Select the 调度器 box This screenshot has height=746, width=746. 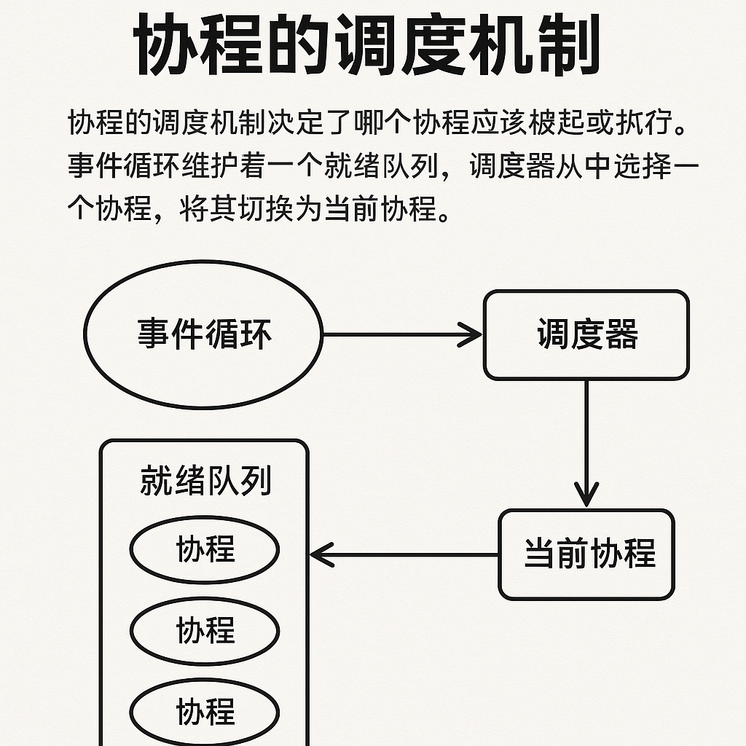click(x=586, y=335)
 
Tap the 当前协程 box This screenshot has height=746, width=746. click(x=586, y=554)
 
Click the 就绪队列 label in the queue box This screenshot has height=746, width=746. click(x=205, y=481)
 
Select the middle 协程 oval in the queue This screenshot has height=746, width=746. click(x=205, y=630)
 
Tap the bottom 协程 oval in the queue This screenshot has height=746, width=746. click(x=205, y=710)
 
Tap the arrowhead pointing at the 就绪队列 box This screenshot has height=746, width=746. click(x=321, y=554)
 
